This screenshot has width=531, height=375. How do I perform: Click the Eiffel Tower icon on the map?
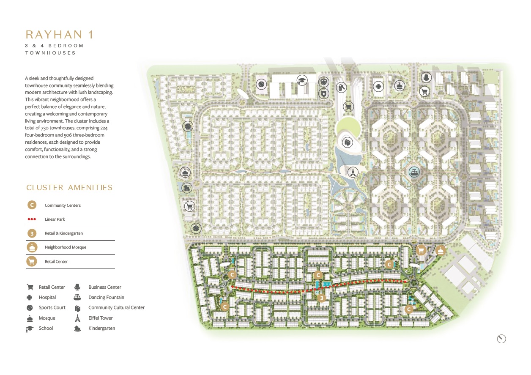tap(352, 172)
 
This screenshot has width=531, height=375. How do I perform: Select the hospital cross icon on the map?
tap(378, 87)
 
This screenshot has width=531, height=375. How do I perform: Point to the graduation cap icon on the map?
tap(302, 80)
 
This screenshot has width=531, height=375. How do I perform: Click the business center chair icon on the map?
tap(425, 77)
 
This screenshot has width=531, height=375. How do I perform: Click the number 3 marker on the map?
tap(322, 298)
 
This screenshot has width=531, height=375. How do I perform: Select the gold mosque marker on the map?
tap(441, 251)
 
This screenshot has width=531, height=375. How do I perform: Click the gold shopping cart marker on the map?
tap(421, 250)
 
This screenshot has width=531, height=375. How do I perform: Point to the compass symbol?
tap(501, 339)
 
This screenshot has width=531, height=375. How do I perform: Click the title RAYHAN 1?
tap(59, 34)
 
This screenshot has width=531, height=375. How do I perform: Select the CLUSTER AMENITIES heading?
tap(69, 188)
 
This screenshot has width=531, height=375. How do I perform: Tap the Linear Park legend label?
tap(55, 219)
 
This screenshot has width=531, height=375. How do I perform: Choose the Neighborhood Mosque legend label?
tap(65, 247)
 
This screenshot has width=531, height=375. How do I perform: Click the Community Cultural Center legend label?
tap(116, 308)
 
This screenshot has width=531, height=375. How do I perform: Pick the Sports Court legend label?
tap(52, 308)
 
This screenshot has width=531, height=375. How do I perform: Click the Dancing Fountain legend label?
tap(106, 298)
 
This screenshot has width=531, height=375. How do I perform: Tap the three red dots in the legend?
tap(31, 219)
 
